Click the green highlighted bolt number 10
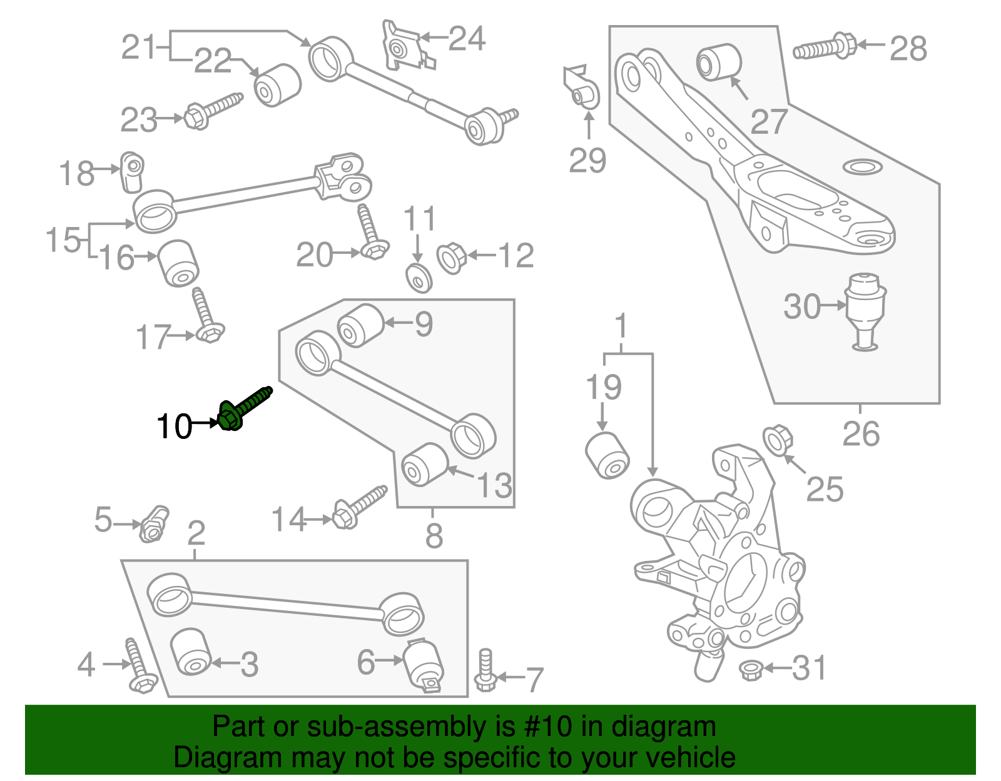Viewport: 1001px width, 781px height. (244, 408)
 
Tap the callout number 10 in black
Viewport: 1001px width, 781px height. (174, 427)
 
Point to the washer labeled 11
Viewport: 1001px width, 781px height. (419, 278)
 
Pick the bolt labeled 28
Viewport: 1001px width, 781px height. (825, 48)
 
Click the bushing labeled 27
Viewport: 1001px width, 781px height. (719, 62)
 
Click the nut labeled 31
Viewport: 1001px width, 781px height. (750, 670)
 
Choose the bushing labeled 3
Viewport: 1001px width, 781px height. (190, 652)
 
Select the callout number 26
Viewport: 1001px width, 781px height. (861, 434)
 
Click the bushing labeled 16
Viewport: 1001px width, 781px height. (178, 263)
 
